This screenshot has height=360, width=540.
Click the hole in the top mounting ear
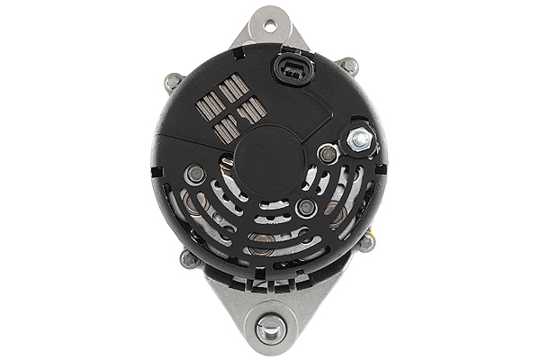(x=268, y=23)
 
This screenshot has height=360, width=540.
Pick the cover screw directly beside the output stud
(x=328, y=154)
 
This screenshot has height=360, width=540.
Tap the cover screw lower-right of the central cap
(x=306, y=207)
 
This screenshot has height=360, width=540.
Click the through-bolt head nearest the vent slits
(x=174, y=83)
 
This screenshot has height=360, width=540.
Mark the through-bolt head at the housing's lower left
(x=189, y=259)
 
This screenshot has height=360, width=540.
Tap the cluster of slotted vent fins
(x=230, y=108)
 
